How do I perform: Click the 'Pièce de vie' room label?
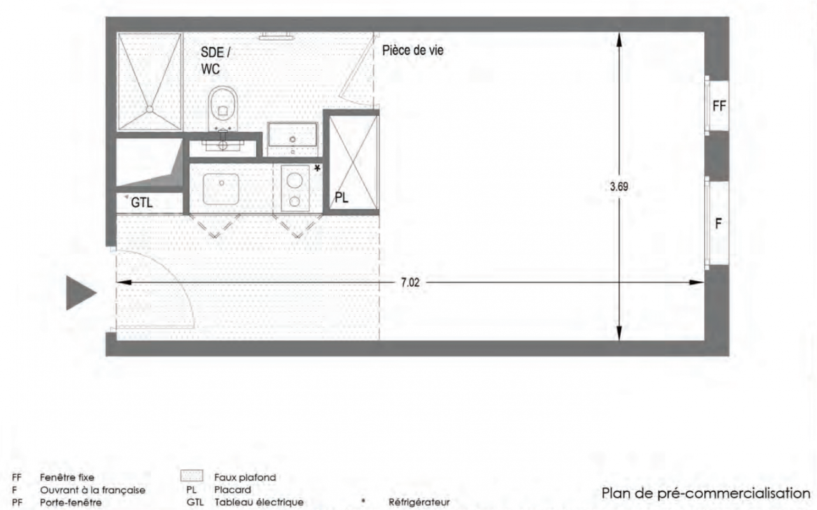tap(412, 50)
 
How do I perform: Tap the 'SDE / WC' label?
tap(215, 61)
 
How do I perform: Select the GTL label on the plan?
tap(141, 203)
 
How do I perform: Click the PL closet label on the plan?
tap(342, 198)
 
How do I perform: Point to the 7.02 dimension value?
tap(410, 282)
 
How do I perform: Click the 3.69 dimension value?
tap(619, 187)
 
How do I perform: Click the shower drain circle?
tap(150, 109)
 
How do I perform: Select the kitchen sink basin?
tap(221, 189)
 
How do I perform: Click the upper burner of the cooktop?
tap(294, 180)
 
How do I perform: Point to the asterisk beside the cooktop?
tap(317, 168)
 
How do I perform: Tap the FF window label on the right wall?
tap(719, 106)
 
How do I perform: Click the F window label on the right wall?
tap(718, 224)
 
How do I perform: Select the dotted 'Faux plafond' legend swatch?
tap(192, 476)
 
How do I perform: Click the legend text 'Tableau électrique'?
tap(259, 502)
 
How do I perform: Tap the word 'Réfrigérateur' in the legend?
tap(419, 502)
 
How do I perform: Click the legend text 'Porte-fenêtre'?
tap(71, 502)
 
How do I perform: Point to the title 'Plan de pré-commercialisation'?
tap(705, 493)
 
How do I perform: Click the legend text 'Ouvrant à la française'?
tap(92, 490)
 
